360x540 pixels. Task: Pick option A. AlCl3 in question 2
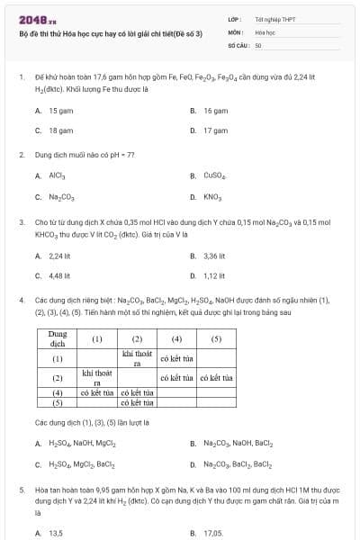point(52,176)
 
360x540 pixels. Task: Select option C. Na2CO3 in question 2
point(56,196)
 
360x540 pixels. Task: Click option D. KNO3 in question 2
point(208,196)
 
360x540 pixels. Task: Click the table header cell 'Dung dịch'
point(57,339)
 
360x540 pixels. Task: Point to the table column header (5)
point(216,339)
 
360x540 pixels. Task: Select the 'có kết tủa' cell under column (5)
point(216,378)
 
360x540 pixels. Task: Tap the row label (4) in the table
point(57,392)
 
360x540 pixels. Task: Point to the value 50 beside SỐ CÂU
point(258,44)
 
